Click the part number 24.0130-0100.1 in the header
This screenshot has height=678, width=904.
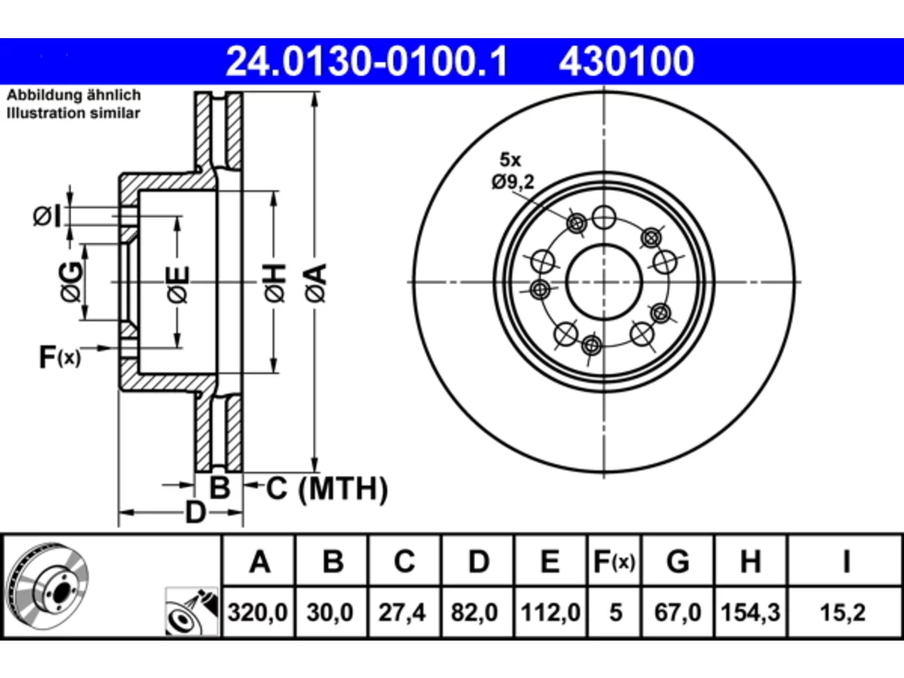click(x=367, y=61)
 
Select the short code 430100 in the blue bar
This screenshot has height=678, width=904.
click(x=626, y=61)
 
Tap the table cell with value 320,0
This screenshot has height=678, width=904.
click(x=257, y=612)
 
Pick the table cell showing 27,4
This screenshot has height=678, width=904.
click(x=402, y=612)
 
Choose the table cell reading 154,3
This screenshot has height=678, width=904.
click(x=750, y=612)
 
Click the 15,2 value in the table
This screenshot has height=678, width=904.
click(x=843, y=612)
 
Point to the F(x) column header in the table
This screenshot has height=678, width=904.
click(x=614, y=561)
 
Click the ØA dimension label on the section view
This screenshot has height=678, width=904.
click(x=316, y=282)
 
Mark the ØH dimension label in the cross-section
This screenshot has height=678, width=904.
click(x=275, y=282)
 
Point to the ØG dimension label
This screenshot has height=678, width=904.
click(x=71, y=282)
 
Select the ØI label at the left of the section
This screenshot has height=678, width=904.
click(x=47, y=217)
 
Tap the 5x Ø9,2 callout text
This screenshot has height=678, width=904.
click(x=513, y=171)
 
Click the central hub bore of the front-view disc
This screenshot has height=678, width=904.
click(x=604, y=282)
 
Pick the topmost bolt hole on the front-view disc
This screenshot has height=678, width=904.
click(x=604, y=217)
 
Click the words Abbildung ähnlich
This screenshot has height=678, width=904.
click(x=73, y=95)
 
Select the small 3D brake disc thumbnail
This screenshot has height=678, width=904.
click(x=48, y=586)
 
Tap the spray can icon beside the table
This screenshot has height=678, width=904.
click(x=191, y=612)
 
